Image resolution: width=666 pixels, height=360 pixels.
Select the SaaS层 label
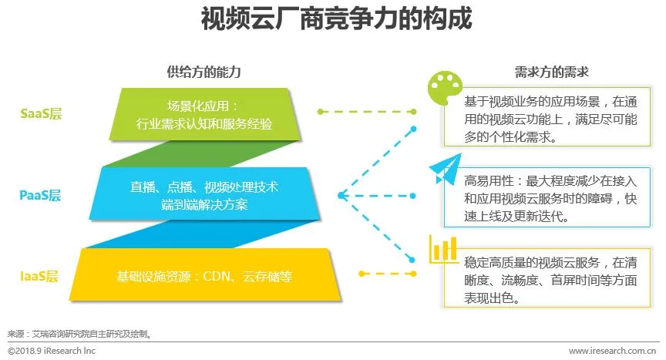pos(41,114)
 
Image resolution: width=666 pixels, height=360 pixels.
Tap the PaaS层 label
pos(40,195)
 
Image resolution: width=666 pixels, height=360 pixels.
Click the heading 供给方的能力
pos(203,72)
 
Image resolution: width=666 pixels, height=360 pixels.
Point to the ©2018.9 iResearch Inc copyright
pos(53,351)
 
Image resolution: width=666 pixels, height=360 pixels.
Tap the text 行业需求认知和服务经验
pos(203,123)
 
